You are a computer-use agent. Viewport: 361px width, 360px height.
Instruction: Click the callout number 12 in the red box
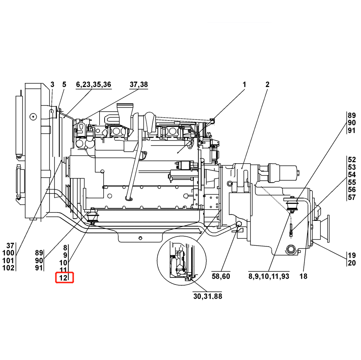pyautogui.click(x=63, y=278)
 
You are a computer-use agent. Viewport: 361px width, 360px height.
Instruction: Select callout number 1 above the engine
pyautogui.click(x=244, y=85)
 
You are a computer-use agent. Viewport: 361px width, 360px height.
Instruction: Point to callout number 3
pyautogui.click(x=52, y=85)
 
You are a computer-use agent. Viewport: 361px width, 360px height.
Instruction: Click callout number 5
pyautogui.click(x=64, y=85)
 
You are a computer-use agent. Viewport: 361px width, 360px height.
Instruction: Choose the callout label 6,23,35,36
pyautogui.click(x=93, y=85)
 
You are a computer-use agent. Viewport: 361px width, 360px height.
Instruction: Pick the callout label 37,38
pyautogui.click(x=139, y=85)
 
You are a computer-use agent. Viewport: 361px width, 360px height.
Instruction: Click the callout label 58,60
pyautogui.click(x=221, y=276)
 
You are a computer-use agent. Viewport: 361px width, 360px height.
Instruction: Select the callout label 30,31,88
pyautogui.click(x=207, y=296)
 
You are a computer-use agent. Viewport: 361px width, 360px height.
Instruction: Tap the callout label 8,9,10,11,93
pyautogui.click(x=269, y=276)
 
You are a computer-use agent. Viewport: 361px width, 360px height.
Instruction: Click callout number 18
pyautogui.click(x=303, y=276)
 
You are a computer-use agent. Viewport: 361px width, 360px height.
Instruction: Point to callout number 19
pyautogui.click(x=352, y=255)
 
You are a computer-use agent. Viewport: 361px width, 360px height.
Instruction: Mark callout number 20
pyautogui.click(x=352, y=263)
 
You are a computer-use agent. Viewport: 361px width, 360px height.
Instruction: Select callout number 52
pyautogui.click(x=352, y=159)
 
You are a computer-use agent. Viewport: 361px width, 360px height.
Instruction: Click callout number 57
pyautogui.click(x=352, y=197)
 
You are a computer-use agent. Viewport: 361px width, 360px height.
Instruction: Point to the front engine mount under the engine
pyautogui.click(x=93, y=218)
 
